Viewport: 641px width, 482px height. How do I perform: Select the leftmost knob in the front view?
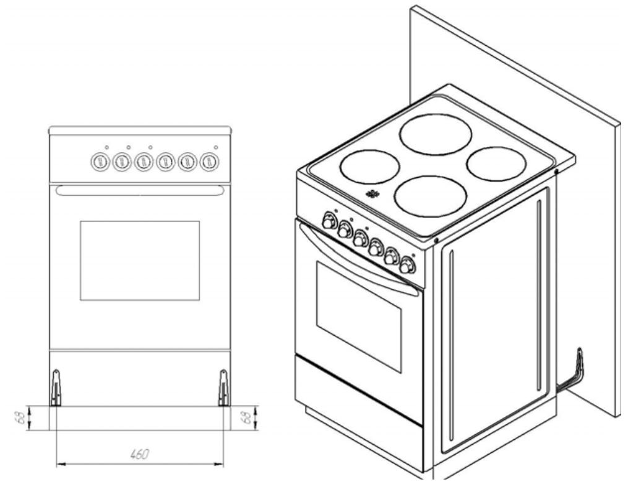pos(100,162)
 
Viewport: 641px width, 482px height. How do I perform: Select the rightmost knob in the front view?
pos(207,162)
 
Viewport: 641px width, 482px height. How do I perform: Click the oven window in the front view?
pos(140,260)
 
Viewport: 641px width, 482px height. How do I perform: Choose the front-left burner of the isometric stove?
pos(369,167)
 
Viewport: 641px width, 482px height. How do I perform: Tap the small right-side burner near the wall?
pos(496,164)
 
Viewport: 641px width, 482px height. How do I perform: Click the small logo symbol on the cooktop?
pos(372,194)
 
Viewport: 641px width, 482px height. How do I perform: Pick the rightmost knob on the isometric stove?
pos(407,266)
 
